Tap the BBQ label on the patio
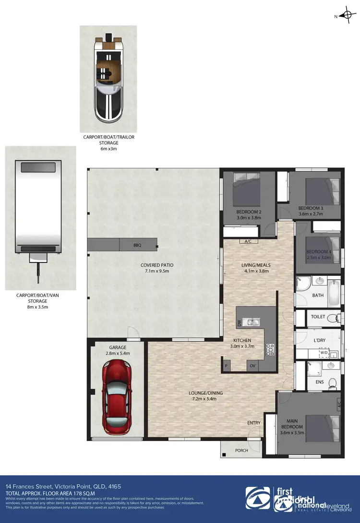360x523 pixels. coord(138,245)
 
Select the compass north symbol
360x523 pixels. coord(347,15)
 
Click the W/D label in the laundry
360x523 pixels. coord(324,353)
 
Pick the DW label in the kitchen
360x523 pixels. coord(239,324)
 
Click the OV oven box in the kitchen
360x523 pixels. coord(252,366)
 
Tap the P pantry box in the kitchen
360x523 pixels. coord(226,366)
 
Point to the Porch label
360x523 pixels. coord(241,450)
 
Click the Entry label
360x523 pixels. coord(254,423)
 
